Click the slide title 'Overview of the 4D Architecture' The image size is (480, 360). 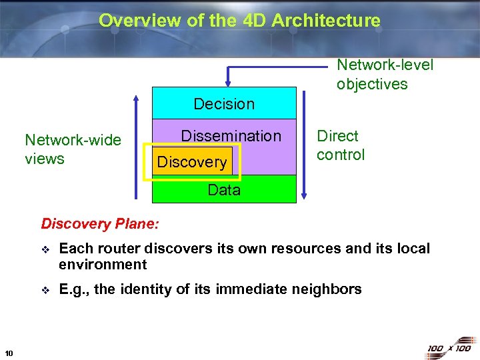click(239, 21)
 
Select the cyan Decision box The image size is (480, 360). click(224, 103)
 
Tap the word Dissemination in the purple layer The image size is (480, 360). click(231, 136)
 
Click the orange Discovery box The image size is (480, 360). click(192, 162)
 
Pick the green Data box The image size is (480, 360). click(224, 190)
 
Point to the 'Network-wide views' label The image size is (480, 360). click(73, 149)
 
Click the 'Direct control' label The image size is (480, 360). click(341, 145)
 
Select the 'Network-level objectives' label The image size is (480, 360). click(385, 74)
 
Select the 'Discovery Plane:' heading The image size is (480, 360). click(100, 223)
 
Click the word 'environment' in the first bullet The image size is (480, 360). click(103, 265)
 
